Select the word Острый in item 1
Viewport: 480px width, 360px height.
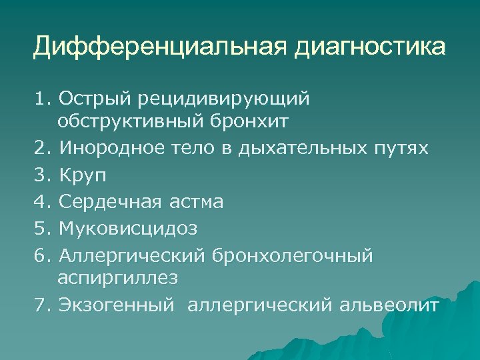pos(97,99)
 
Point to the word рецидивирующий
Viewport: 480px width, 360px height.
pos(225,100)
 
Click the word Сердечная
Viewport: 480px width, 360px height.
pos(110,201)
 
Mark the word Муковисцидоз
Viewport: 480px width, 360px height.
pos(128,227)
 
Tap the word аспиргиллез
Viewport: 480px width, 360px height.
pos(129,277)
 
